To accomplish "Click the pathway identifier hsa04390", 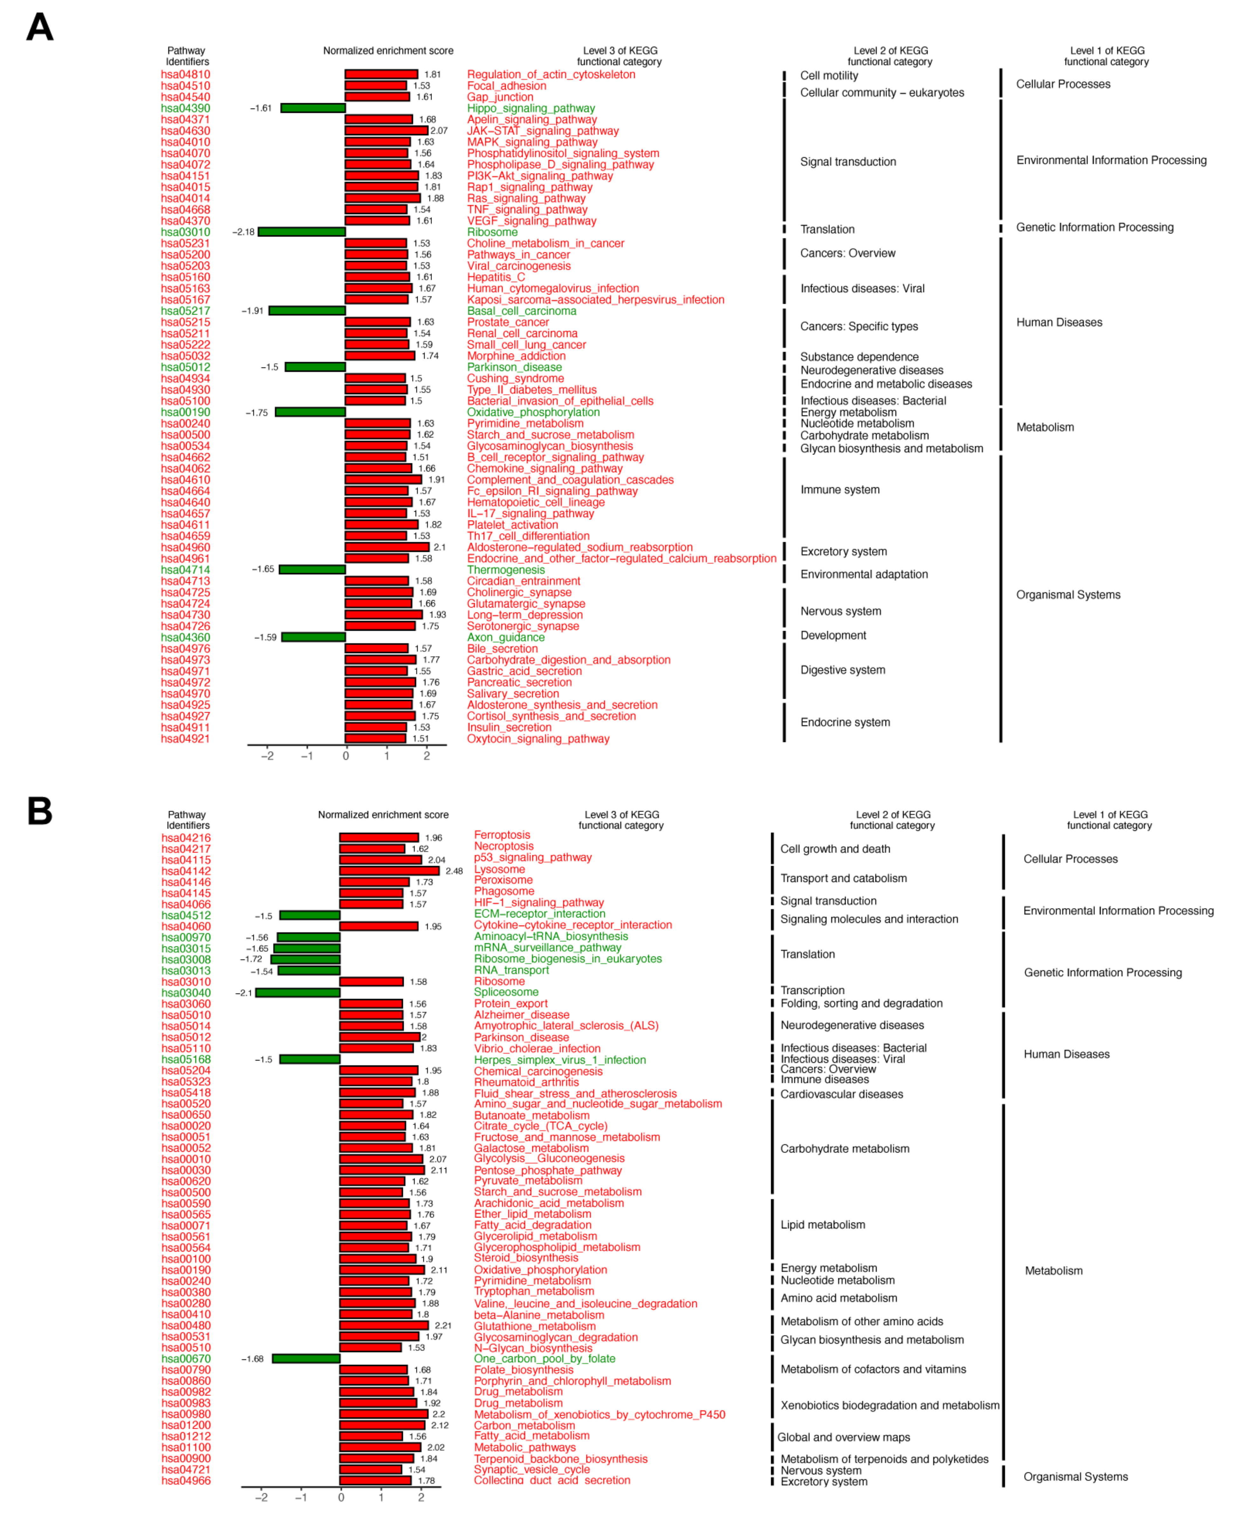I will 185,108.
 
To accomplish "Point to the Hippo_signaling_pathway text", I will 530,108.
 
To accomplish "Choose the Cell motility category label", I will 829,76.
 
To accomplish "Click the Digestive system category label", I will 842,669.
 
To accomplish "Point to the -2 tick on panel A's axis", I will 267,755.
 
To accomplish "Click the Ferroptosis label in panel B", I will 502,835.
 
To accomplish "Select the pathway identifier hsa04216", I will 186,838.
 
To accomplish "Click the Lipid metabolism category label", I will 822,1224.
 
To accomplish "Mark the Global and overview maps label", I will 843,1437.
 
